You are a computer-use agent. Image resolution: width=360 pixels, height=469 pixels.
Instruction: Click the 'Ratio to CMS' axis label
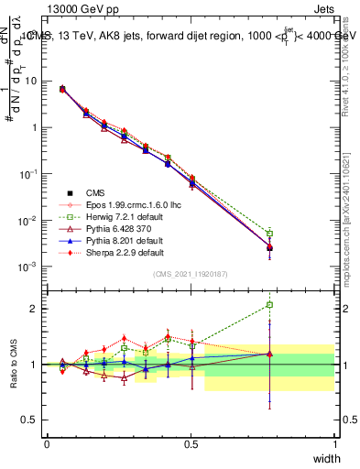tap(13, 364)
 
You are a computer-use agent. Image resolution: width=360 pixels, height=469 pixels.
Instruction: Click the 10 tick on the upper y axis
tap(35, 81)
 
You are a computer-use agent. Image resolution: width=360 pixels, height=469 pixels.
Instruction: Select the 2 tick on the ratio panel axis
tap(38, 309)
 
